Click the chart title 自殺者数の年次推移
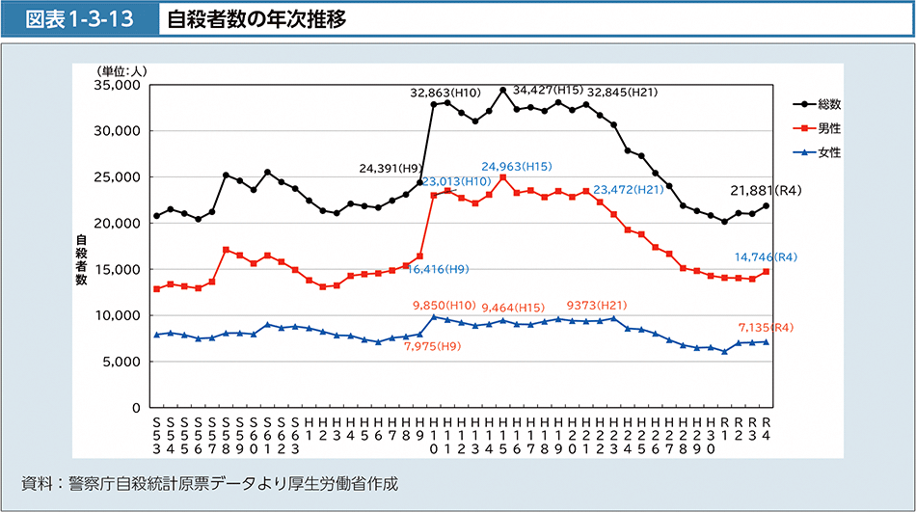coord(256,19)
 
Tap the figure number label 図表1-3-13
coord(79,19)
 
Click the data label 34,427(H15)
coord(548,90)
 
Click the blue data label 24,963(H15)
coord(518,166)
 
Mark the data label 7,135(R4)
coord(767,328)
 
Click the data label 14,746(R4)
coord(765,257)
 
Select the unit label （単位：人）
coord(121,70)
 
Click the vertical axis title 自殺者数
coord(82,259)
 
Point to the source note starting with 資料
coord(208,482)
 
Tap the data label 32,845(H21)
coord(623,93)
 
